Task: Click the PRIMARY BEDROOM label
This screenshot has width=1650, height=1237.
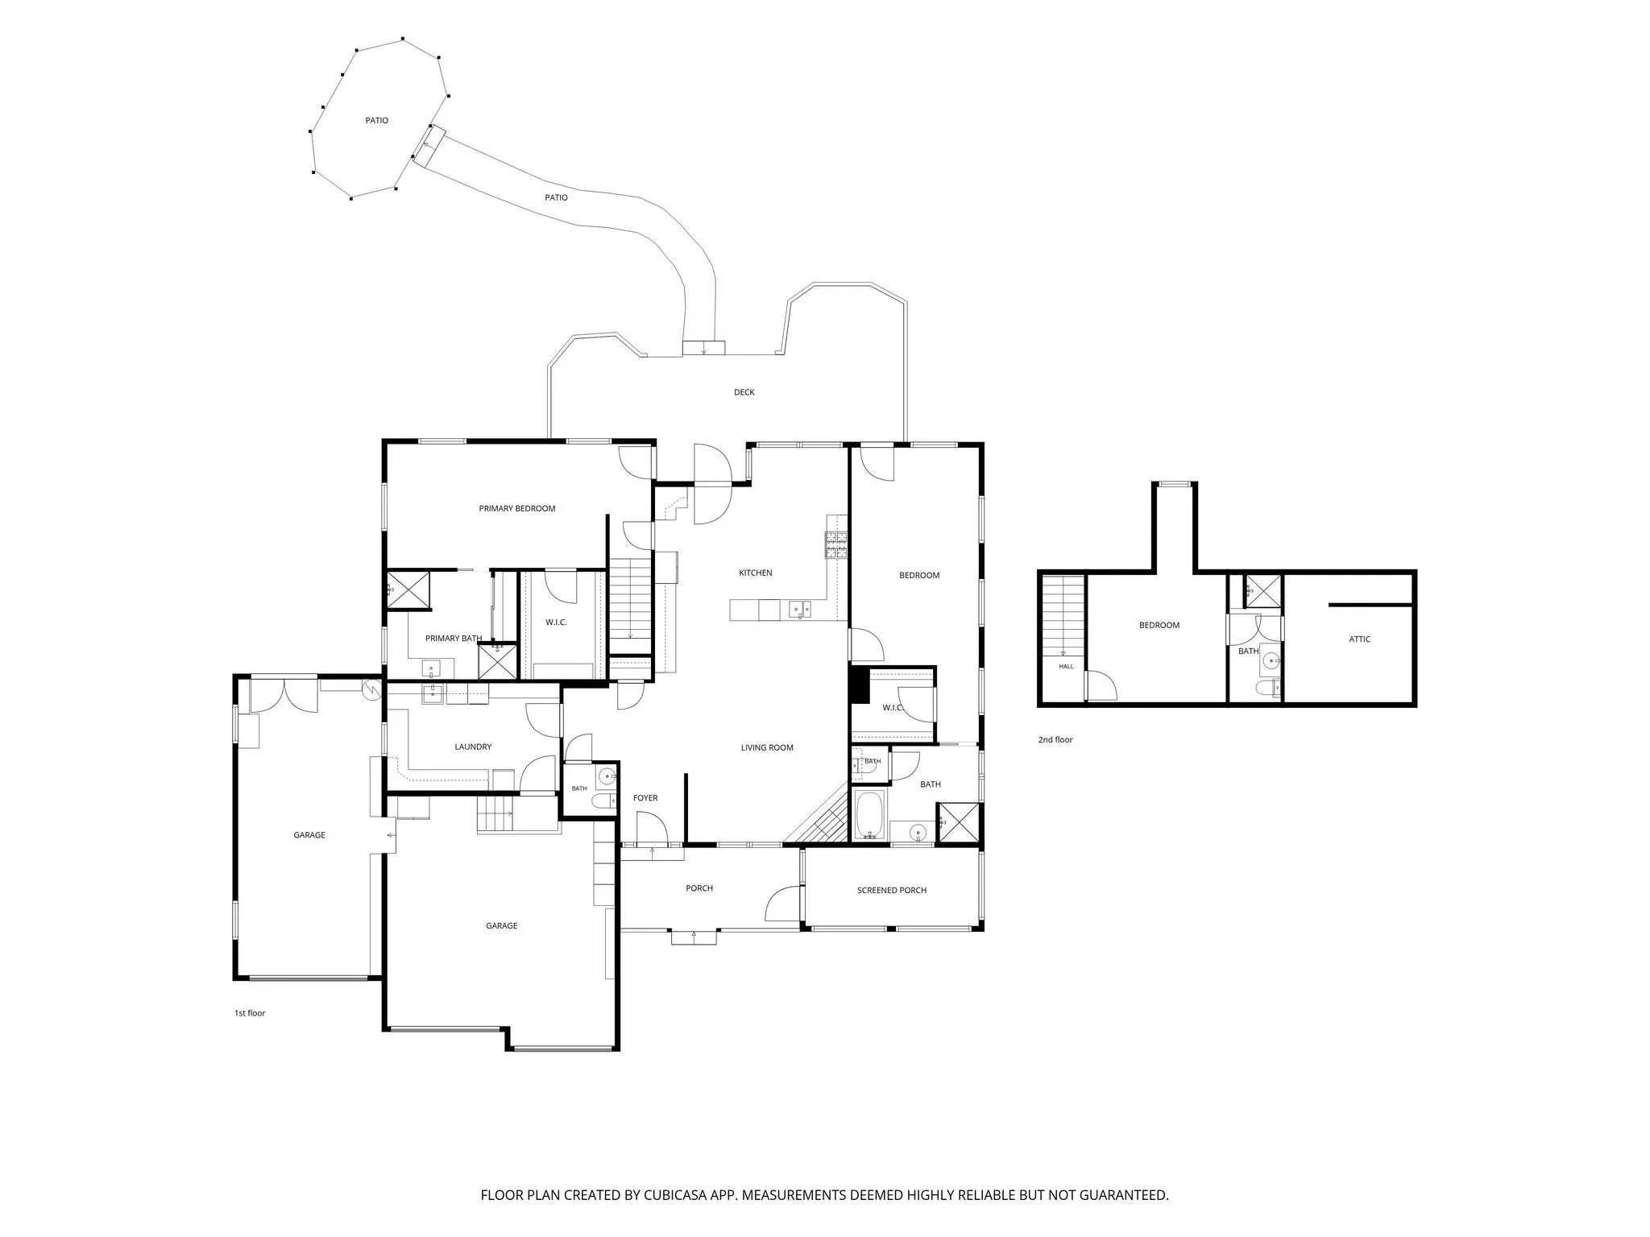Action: pyautogui.click(x=516, y=508)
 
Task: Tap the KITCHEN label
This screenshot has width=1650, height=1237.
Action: pyautogui.click(x=755, y=573)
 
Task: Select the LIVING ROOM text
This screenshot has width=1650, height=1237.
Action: pyautogui.click(x=767, y=747)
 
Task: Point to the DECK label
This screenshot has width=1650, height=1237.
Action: pyautogui.click(x=744, y=392)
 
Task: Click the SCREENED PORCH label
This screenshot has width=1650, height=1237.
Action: pyautogui.click(x=891, y=890)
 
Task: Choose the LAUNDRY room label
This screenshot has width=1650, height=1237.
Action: pyautogui.click(x=473, y=747)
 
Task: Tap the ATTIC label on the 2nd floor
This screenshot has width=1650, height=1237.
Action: pyautogui.click(x=1359, y=639)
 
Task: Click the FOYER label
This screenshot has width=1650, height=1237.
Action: pyautogui.click(x=645, y=798)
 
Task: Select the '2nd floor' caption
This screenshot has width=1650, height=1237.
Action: pyautogui.click(x=1055, y=739)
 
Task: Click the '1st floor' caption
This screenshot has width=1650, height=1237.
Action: pyautogui.click(x=249, y=1013)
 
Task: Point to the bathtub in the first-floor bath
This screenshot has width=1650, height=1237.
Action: pyautogui.click(x=869, y=815)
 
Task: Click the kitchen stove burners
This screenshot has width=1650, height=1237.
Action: pyautogui.click(x=835, y=545)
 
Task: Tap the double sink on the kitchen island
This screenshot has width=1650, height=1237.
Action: pyautogui.click(x=799, y=609)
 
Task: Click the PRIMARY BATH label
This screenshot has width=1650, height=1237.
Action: pyautogui.click(x=453, y=639)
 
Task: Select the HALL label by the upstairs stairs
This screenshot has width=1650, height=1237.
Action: pyautogui.click(x=1066, y=666)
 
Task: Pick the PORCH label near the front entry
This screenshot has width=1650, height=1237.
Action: pyautogui.click(x=699, y=888)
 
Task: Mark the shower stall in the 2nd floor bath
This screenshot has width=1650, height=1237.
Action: pyautogui.click(x=1262, y=590)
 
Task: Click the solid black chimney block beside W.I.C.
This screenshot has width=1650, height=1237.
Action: pyautogui.click(x=860, y=685)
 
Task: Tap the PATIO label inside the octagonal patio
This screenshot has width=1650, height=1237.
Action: pyautogui.click(x=376, y=120)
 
